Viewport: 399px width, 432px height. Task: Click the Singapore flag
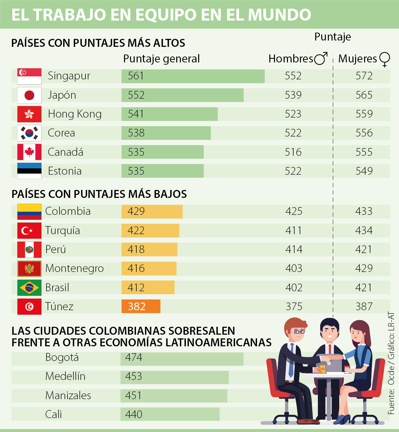tap(29, 76)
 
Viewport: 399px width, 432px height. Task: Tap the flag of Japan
tap(29, 95)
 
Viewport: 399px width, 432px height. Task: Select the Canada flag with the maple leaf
tap(29, 152)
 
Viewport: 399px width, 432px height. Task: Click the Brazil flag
tap(29, 288)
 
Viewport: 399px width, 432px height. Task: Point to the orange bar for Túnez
tap(141, 306)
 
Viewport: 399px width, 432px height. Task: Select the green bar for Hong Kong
tap(170, 114)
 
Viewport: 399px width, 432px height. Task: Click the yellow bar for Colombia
tap(152, 212)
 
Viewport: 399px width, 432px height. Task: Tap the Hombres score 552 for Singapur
tap(293, 76)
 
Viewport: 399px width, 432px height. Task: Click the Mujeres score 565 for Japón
tap(364, 95)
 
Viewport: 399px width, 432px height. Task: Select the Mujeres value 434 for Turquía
tap(364, 230)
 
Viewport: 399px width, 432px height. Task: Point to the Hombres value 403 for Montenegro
tap(294, 268)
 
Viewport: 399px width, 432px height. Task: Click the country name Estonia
tap(65, 171)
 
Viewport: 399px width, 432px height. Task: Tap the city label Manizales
tap(68, 395)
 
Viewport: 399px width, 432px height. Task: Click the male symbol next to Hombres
tap(321, 58)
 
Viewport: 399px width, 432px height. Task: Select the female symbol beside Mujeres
tap(384, 59)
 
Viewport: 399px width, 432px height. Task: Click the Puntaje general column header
tap(161, 59)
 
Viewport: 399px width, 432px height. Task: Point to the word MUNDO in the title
tap(279, 15)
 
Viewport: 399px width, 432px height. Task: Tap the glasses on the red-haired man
tap(299, 331)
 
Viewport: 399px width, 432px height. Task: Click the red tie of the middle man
tap(330, 349)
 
